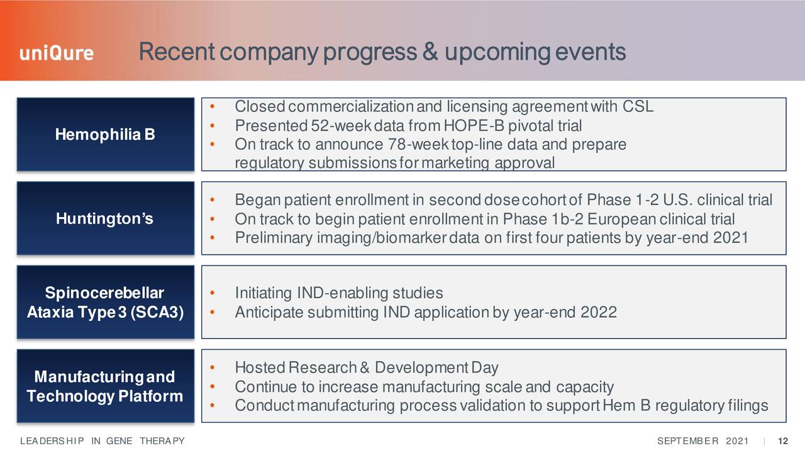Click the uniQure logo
57,53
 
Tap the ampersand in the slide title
430,52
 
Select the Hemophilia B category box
105,134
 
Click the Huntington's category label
104,218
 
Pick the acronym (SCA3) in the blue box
157,311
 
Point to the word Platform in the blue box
150,396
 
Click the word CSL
638,106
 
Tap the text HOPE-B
474,125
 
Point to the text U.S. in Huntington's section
678,200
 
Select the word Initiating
264,293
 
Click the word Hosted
260,367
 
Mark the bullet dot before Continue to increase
213,387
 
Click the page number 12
783,441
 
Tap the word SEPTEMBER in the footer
688,441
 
